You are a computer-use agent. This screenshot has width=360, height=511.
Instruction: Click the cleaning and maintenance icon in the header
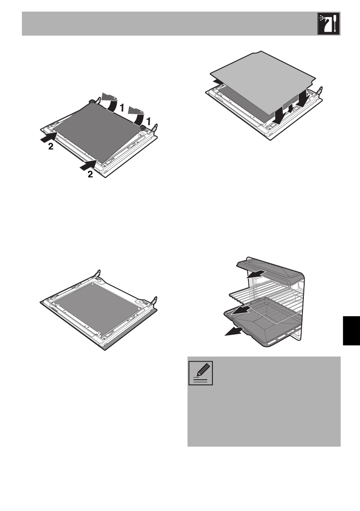pyautogui.click(x=328, y=24)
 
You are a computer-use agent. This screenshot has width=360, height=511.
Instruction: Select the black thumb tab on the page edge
pyautogui.click(x=351, y=329)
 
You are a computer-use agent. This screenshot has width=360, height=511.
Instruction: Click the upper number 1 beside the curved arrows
pyautogui.click(x=122, y=109)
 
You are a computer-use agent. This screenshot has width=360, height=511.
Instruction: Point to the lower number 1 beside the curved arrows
pyautogui.click(x=150, y=122)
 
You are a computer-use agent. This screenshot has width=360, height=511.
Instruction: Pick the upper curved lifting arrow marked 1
pyautogui.click(x=110, y=101)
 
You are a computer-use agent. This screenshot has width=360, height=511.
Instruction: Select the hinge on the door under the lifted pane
pyautogui.click(x=319, y=92)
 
